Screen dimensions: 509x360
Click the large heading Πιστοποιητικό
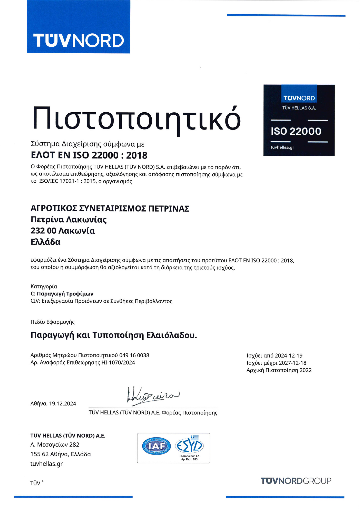tap(135, 117)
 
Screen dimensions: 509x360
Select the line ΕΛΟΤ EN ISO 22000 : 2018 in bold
tap(89, 154)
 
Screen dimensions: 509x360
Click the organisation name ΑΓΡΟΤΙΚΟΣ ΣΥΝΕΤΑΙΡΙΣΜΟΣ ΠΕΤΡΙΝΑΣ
tap(110, 208)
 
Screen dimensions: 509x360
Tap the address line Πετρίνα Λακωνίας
tap(69, 219)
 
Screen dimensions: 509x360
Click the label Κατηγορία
tap(41, 286)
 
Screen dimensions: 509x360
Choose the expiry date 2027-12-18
tap(293, 362)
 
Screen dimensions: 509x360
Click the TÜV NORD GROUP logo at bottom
tap(296, 481)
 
